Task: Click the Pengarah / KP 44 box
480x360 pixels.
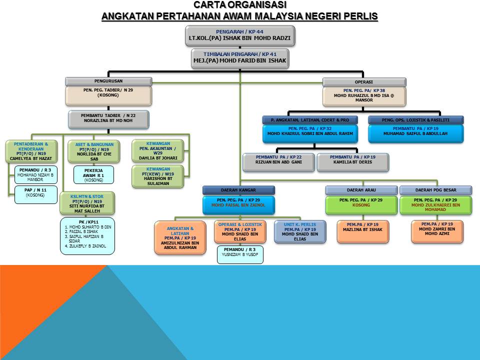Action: coord(239,35)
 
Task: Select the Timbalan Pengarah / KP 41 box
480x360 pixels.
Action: coord(239,58)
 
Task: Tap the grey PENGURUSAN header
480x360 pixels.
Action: coord(108,80)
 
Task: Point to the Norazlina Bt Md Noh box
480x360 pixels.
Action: coord(108,118)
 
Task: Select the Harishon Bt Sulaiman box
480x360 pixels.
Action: coord(158,176)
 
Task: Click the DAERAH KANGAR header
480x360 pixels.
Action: coord(238,190)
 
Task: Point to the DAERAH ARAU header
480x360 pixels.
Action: coord(361,190)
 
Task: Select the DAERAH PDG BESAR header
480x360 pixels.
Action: coord(435,190)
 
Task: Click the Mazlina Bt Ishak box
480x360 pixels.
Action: coord(361,231)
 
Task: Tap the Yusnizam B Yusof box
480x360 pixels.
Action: coord(239,254)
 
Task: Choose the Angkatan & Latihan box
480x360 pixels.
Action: coord(179,237)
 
